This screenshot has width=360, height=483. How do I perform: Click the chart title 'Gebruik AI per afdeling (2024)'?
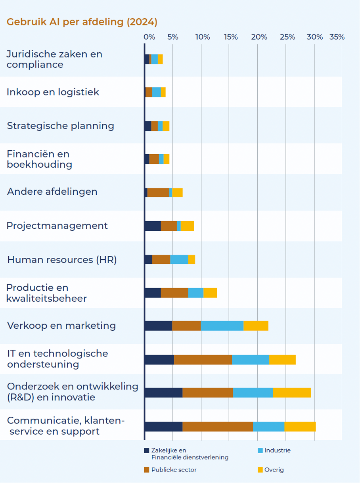(x=82, y=22)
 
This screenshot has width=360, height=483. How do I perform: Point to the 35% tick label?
(x=337, y=37)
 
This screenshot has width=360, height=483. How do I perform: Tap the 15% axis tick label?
(x=231, y=37)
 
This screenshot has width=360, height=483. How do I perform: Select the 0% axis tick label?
(x=149, y=37)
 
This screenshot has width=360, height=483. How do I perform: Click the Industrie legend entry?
(x=277, y=450)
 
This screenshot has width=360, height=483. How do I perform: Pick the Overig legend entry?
(x=274, y=470)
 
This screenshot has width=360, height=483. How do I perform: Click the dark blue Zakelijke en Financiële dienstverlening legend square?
(x=147, y=450)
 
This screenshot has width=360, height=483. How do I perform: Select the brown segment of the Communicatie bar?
(x=217, y=427)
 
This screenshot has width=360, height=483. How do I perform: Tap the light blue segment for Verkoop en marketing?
(x=222, y=326)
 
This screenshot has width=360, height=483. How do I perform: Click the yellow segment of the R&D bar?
(x=291, y=393)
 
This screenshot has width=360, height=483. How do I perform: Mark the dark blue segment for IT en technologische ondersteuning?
(x=159, y=360)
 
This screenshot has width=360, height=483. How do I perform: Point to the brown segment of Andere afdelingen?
(x=158, y=192)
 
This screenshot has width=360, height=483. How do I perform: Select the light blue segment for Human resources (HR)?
(x=179, y=259)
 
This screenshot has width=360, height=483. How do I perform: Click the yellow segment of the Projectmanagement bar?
(x=187, y=226)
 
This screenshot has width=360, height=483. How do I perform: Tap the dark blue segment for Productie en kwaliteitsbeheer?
(x=153, y=293)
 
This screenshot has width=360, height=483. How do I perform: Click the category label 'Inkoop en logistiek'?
(x=53, y=92)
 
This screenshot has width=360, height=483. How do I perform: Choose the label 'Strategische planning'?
(x=60, y=126)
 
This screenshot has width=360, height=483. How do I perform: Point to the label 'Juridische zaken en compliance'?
(x=54, y=59)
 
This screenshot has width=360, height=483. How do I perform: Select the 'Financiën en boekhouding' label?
(x=39, y=159)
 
